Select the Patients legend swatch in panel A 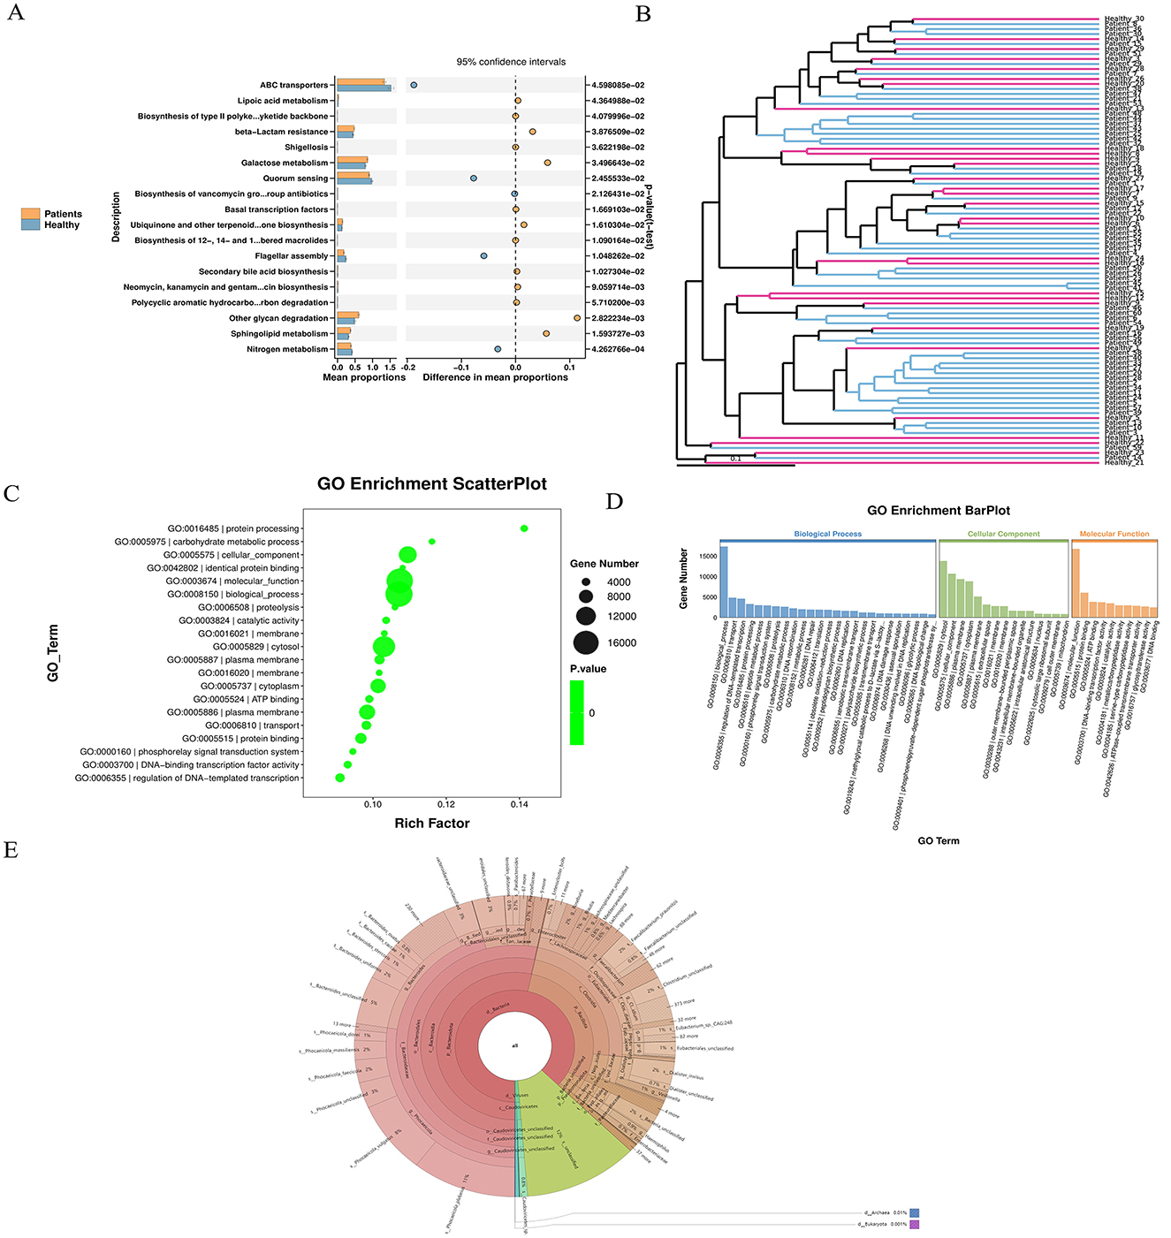31,214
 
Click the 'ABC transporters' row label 293,86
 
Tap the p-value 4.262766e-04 618,349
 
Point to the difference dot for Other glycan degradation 577,318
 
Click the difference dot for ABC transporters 414,85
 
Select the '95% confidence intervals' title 511,62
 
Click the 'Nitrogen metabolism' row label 287,349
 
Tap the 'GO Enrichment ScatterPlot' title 432,484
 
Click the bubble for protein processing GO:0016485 524,528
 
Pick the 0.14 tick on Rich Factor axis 519,804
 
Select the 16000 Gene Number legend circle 585,642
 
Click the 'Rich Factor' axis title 431,824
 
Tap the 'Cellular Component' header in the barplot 1003,535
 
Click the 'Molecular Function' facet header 1114,535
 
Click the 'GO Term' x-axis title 938,840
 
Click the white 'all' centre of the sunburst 514,1045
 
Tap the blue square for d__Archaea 915,1213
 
